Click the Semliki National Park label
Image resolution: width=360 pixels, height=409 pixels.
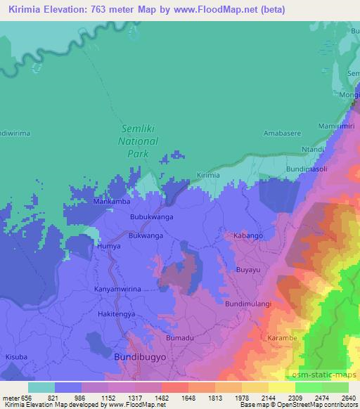(x=141, y=141)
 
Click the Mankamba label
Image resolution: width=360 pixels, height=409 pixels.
(x=112, y=202)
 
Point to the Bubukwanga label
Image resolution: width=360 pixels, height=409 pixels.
(x=152, y=218)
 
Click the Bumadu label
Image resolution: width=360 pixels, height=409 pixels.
(x=179, y=339)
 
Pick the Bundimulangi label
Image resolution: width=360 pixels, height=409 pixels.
(x=247, y=304)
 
